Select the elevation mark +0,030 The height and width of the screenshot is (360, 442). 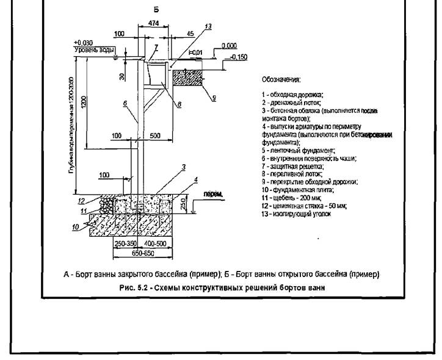pos(82,43)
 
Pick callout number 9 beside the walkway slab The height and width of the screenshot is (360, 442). pos(214,96)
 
